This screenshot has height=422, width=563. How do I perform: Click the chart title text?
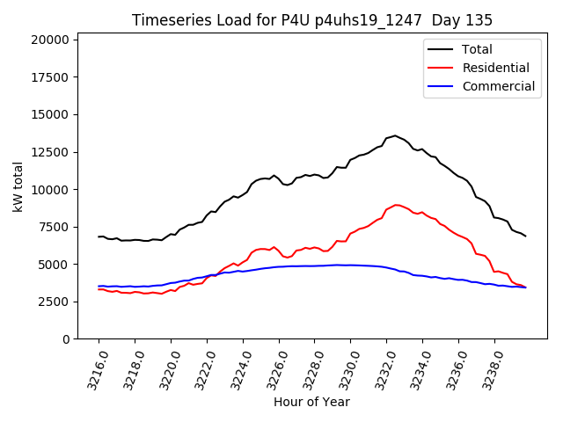pyautogui.click(x=312, y=20)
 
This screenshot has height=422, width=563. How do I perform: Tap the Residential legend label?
pyautogui.click(x=495, y=68)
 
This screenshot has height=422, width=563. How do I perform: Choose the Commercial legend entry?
pyautogui.click(x=498, y=86)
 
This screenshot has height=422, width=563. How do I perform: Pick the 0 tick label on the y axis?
pyautogui.click(x=66, y=339)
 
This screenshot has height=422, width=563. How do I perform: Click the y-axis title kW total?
pyautogui.click(x=18, y=188)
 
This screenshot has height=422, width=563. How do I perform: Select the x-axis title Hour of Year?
pyautogui.click(x=311, y=402)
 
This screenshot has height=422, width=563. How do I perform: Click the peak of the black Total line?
pyautogui.click(x=395, y=135)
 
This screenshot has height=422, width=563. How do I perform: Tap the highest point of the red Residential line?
pyautogui.click(x=396, y=205)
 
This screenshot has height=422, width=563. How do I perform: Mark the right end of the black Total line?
pyautogui.click(x=526, y=236)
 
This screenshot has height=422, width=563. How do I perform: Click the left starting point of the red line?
pyautogui.click(x=99, y=289)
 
